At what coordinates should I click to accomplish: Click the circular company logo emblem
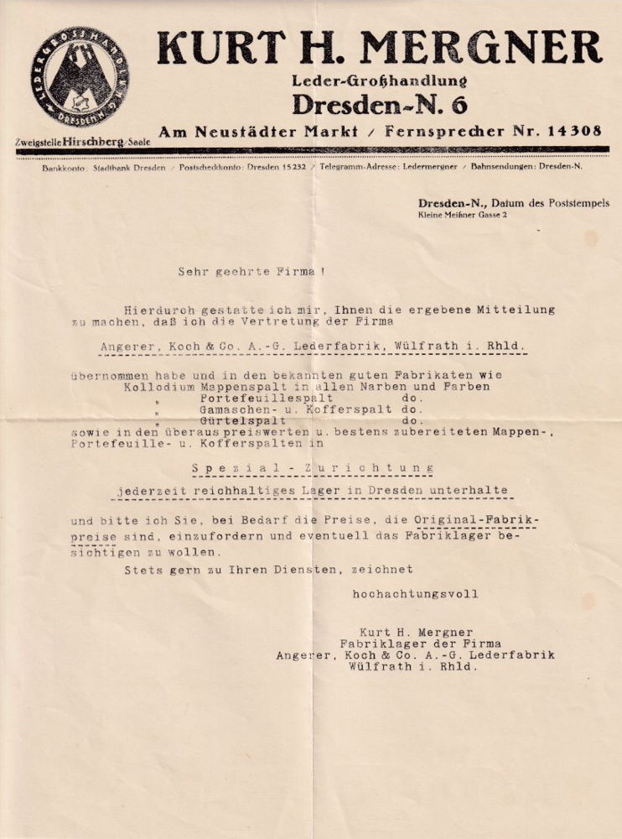(80, 77)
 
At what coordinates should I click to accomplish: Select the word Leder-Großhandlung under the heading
(380, 81)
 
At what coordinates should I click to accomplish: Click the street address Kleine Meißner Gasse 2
(462, 216)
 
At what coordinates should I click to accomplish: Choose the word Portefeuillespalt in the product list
(267, 398)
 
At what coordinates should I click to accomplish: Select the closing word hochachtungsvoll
(416, 594)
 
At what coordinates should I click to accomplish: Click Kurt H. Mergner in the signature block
(416, 632)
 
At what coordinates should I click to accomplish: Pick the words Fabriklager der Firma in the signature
(416, 644)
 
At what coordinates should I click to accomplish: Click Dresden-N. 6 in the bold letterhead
(380, 106)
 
